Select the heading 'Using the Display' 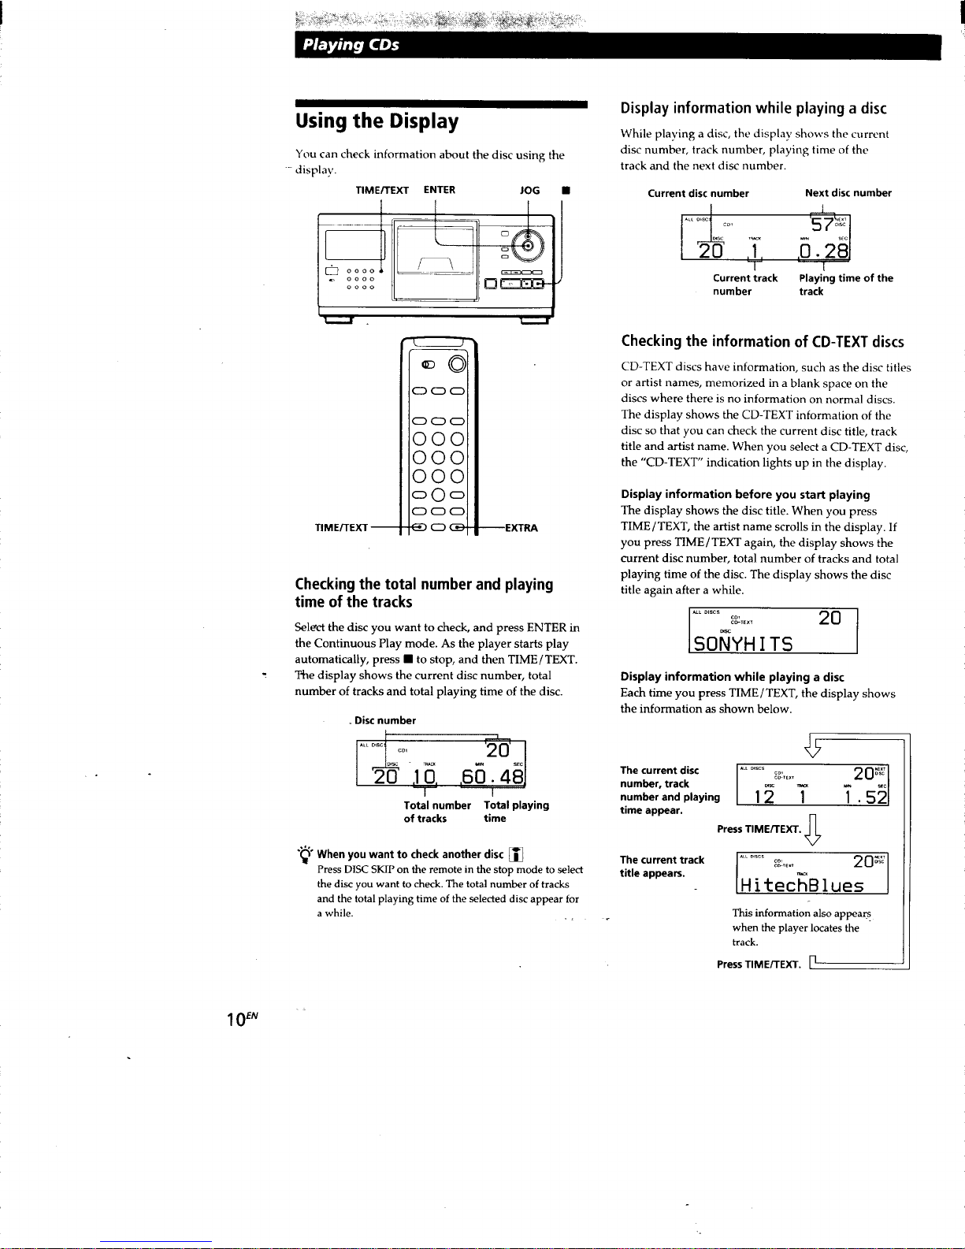[377, 121]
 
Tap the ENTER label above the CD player [439, 190]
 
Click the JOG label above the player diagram [529, 190]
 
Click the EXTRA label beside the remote [521, 527]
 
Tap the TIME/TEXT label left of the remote [340, 527]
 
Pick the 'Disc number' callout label [384, 720]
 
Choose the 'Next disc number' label [848, 193]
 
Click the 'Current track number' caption [744, 284]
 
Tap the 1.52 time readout [864, 797]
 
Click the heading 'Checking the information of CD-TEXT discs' [762, 341]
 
